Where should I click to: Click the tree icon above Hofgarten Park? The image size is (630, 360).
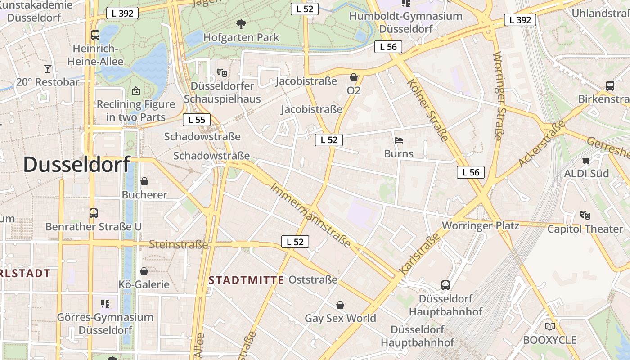click(x=241, y=24)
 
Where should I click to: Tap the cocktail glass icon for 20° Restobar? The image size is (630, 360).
click(x=47, y=68)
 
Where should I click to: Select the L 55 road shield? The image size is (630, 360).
click(x=197, y=120)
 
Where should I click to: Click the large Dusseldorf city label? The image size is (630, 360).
click(x=76, y=165)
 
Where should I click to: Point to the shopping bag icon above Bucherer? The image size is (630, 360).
click(x=144, y=181)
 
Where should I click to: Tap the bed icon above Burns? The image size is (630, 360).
click(x=398, y=140)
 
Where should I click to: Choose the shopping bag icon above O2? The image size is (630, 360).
click(x=354, y=77)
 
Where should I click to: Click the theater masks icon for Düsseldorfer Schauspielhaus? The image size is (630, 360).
click(x=222, y=72)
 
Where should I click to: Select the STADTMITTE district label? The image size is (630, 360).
click(x=246, y=280)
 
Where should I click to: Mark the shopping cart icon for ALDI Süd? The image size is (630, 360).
click(x=586, y=160)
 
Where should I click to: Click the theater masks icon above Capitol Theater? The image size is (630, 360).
click(x=585, y=216)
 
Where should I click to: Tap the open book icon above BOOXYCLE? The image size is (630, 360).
click(x=549, y=326)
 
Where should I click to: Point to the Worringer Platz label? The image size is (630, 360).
click(x=481, y=225)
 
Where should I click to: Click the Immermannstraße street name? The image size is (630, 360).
click(x=310, y=215)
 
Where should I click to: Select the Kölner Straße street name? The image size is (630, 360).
click(x=428, y=110)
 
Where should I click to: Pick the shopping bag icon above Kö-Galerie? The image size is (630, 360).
click(x=144, y=271)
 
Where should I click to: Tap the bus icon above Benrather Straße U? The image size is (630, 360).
click(x=94, y=213)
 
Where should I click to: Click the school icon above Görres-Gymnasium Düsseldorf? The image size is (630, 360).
click(x=105, y=304)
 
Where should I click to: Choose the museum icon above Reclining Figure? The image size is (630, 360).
click(x=135, y=91)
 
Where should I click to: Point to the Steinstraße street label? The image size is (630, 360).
click(x=178, y=245)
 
